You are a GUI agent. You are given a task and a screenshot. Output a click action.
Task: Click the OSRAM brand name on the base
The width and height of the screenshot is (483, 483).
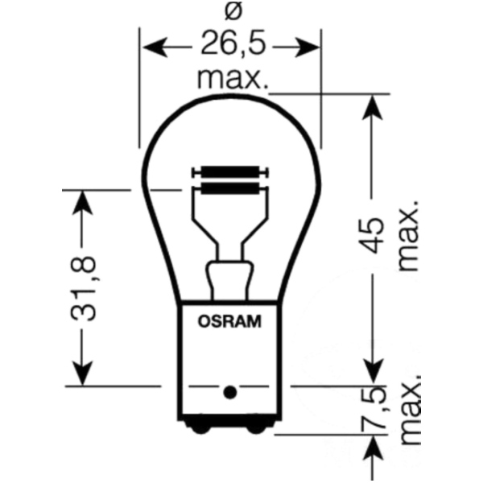229,322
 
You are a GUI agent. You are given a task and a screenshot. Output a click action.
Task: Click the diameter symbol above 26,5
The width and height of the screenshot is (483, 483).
230,11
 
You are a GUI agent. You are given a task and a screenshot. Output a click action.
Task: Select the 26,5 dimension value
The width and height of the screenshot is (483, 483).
230,47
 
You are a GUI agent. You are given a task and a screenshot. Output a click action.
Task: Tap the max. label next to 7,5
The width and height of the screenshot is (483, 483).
409,411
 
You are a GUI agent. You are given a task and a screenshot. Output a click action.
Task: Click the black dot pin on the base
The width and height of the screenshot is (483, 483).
229,392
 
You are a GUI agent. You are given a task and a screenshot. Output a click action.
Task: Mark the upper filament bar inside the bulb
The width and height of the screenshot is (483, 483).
230,172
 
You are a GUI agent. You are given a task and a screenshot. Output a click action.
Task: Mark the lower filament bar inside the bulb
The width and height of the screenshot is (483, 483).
230,188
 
